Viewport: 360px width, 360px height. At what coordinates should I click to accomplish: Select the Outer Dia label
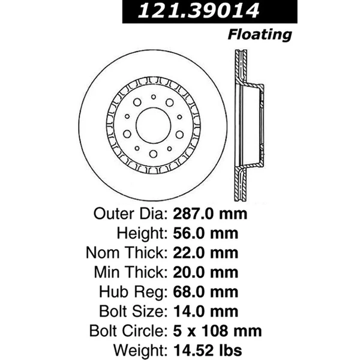point(128,214)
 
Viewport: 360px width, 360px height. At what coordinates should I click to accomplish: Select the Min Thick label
point(127,272)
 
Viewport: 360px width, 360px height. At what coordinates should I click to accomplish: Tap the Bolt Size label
point(131,311)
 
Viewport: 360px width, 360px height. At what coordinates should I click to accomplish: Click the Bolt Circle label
point(126,330)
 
